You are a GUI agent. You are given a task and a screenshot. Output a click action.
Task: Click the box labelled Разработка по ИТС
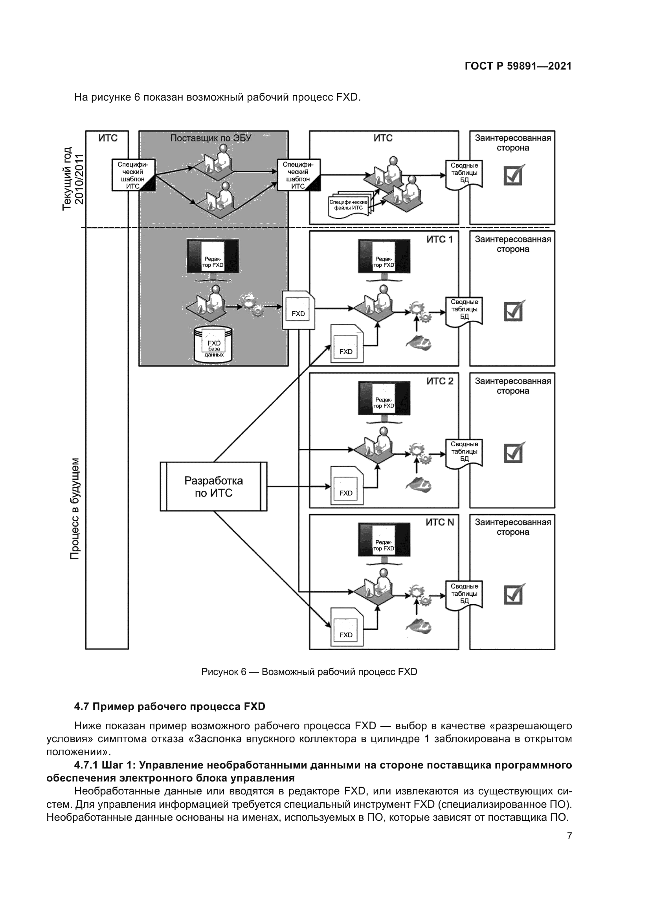coord(213,486)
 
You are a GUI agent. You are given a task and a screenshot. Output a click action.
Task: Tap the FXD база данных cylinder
coord(213,344)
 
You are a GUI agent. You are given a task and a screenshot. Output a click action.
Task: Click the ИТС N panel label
coord(439,522)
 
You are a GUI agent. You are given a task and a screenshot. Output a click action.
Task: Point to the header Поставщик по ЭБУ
coord(211,138)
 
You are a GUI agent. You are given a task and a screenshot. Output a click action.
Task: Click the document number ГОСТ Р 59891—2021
coord(518,66)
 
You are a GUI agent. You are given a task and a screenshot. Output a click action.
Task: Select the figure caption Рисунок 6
coord(309,671)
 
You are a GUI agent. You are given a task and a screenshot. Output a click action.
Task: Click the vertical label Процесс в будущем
coord(75,508)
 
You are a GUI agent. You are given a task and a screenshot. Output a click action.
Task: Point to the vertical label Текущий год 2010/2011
coord(73,178)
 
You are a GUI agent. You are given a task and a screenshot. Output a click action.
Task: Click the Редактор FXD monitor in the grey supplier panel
coord(213,257)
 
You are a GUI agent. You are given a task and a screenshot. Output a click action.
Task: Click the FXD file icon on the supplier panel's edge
coord(299,310)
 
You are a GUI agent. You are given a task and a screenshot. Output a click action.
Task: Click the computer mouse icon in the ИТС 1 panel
coord(419,343)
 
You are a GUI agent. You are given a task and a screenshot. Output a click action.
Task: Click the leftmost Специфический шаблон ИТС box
coord(133,175)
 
